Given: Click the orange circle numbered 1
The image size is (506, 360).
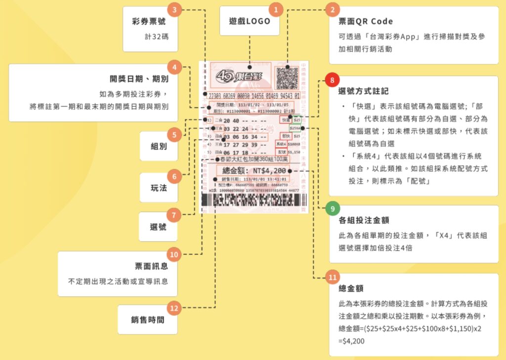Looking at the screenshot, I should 275,8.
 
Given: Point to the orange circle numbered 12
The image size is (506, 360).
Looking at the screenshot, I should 173,309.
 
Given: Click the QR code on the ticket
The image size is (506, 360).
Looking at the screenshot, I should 286,78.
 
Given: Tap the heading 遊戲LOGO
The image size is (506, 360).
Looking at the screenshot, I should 250,21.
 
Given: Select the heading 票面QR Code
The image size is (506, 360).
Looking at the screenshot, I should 366,22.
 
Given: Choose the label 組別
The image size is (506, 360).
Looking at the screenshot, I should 159,146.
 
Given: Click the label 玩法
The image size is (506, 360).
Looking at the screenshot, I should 159,188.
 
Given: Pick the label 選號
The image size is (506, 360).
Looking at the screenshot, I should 159,227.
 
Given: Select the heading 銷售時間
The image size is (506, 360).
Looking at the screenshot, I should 147,320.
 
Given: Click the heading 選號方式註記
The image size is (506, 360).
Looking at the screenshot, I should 364,91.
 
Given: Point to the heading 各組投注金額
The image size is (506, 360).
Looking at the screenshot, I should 365,220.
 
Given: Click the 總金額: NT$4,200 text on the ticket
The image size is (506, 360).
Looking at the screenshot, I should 252,170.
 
